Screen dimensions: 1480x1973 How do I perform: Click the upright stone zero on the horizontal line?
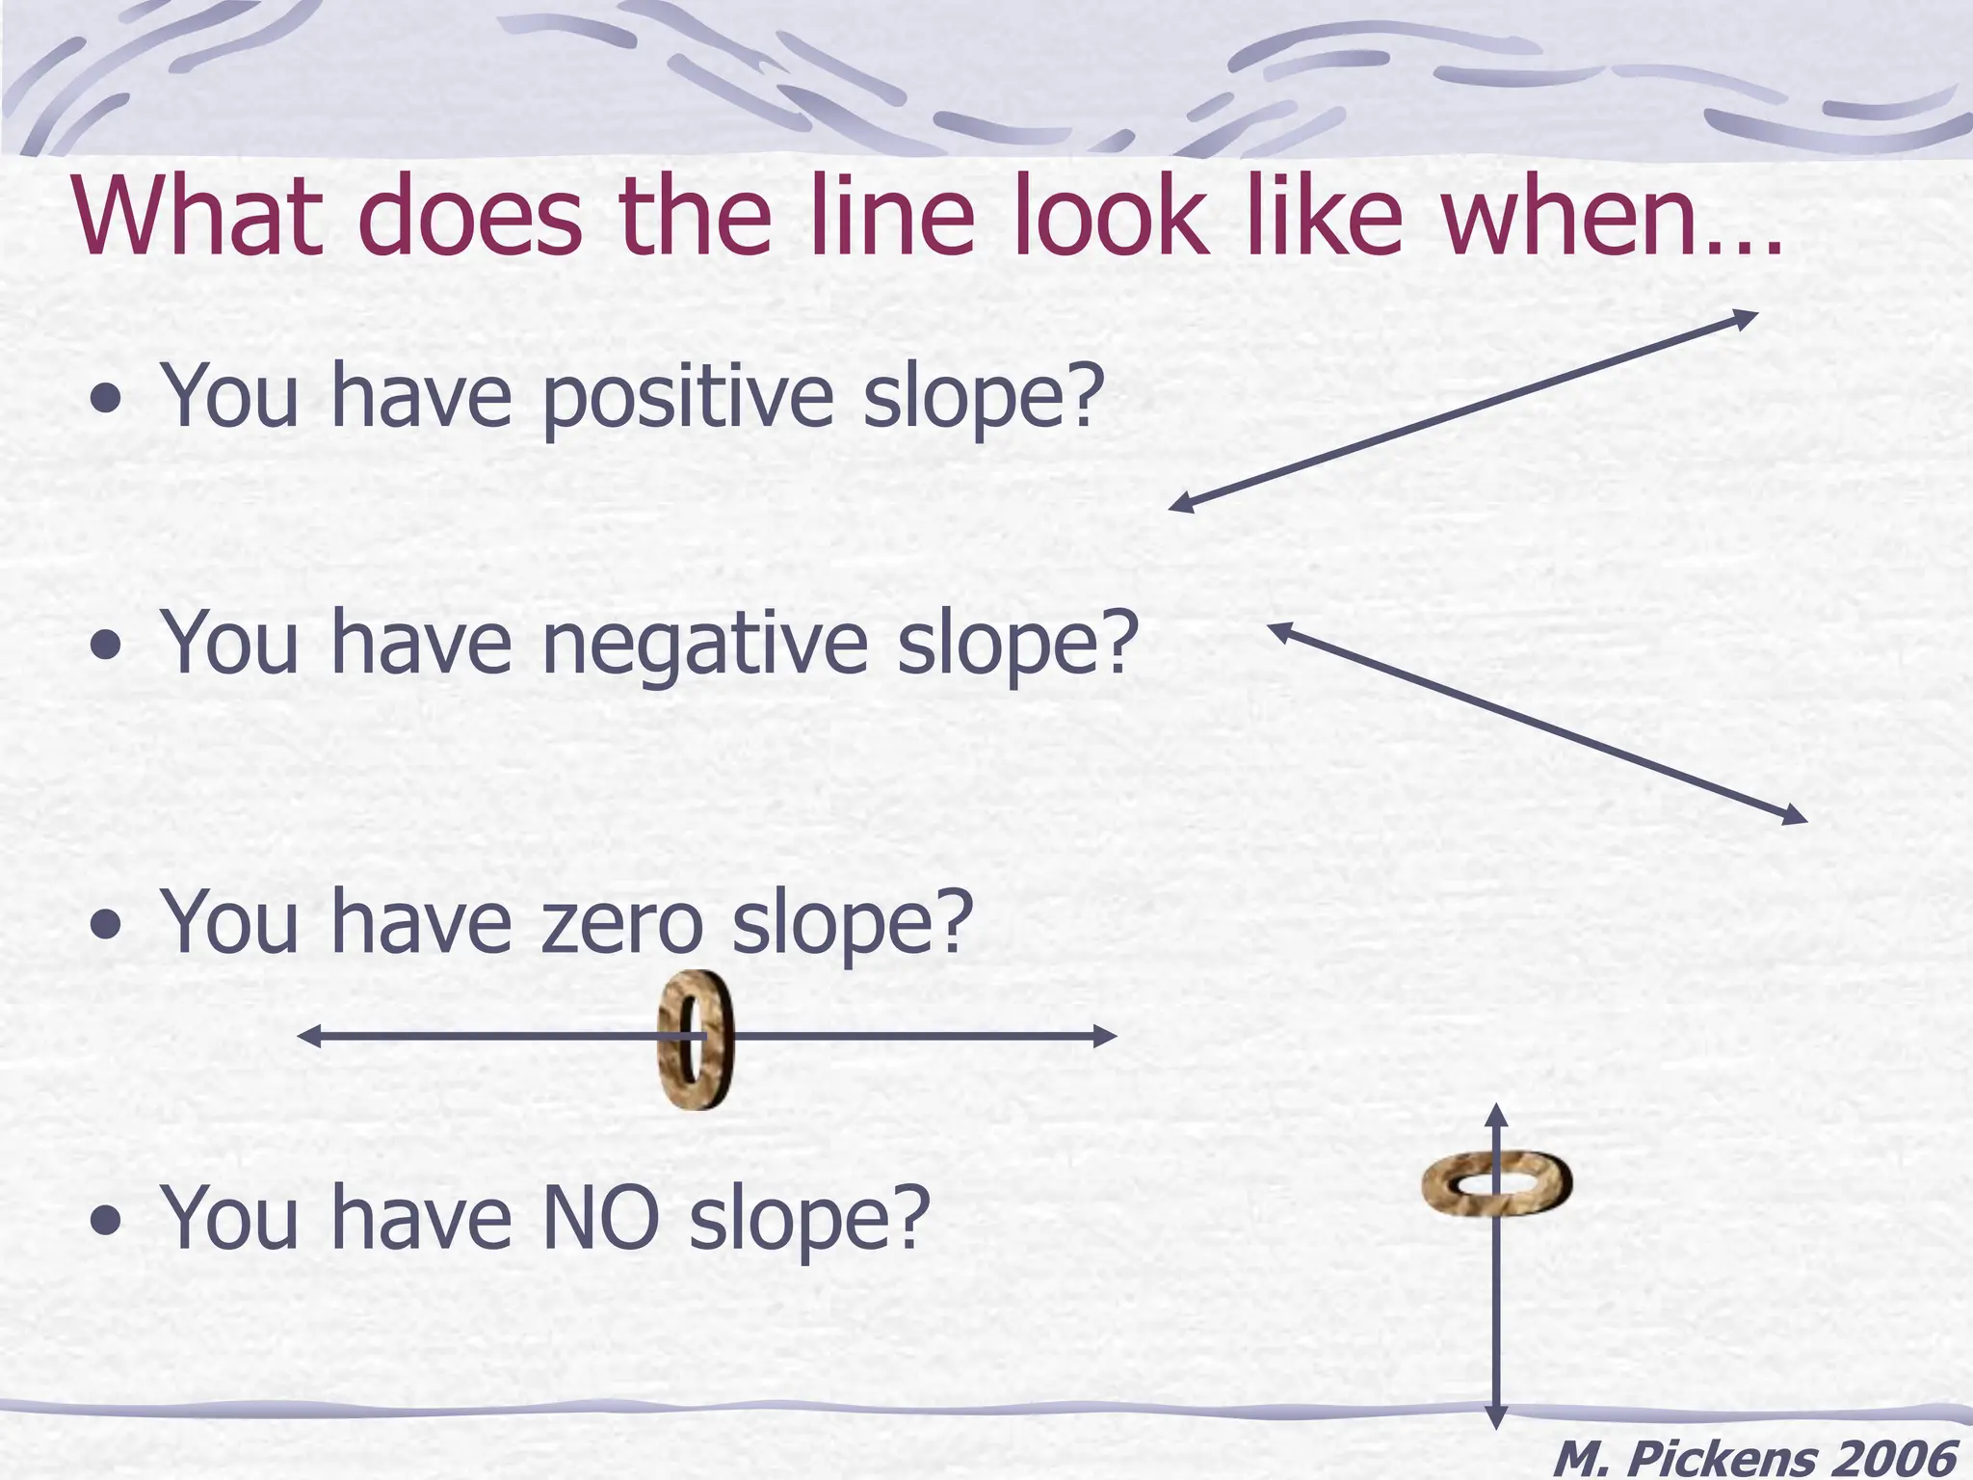pos(696,1040)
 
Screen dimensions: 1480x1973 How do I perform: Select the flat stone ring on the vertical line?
pos(1496,1183)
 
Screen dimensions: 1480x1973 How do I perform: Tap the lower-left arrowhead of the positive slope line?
pos(1181,504)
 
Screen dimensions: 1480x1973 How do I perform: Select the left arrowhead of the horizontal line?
pos(309,1037)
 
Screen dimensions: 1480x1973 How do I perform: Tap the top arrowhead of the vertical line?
pos(1495,1116)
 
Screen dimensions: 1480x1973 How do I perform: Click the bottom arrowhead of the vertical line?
pos(1495,1417)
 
